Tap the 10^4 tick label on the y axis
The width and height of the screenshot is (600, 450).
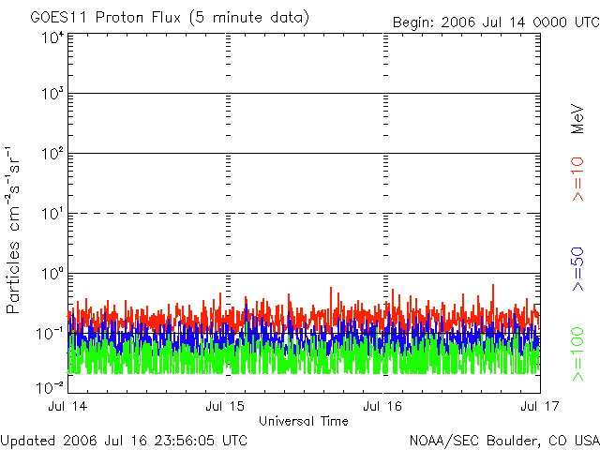click(51, 38)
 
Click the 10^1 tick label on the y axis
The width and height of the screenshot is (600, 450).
click(51, 215)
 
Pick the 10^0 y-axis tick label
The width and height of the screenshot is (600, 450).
click(51, 274)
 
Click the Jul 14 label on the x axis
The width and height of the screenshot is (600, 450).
click(67, 406)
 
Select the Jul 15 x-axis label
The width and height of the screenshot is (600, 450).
click(225, 406)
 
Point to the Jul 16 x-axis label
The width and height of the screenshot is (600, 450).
click(382, 406)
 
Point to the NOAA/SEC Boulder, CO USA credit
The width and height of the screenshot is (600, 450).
click(503, 440)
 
